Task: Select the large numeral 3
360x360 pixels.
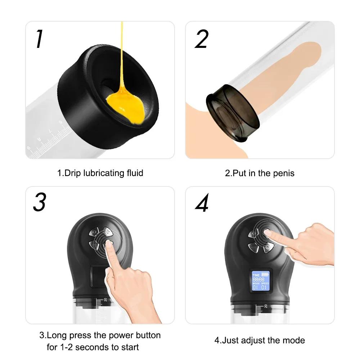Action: tap(39, 203)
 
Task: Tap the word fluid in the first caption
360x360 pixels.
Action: tap(134, 173)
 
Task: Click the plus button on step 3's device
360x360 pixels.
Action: tap(107, 231)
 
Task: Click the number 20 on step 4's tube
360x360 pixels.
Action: tap(266, 306)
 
